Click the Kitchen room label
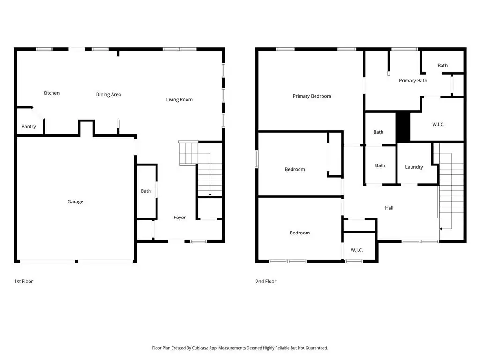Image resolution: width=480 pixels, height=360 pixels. pyautogui.click(x=52, y=93)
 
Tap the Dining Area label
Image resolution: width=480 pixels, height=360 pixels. pyautogui.click(x=108, y=94)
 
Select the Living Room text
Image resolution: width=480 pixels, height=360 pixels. pyautogui.click(x=180, y=99)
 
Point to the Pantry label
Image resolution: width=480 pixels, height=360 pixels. pyautogui.click(x=29, y=127)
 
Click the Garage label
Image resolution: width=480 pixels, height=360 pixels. pyautogui.click(x=75, y=202)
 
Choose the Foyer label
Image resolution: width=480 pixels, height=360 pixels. pyautogui.click(x=180, y=217)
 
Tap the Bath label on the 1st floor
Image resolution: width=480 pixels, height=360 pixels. pyautogui.click(x=146, y=191)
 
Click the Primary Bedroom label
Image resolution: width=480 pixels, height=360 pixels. pyautogui.click(x=312, y=96)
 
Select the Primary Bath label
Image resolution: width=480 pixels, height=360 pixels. pyautogui.click(x=413, y=81)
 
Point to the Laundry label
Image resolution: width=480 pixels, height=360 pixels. pyautogui.click(x=414, y=167)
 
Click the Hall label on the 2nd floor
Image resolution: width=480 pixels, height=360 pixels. pyautogui.click(x=389, y=208)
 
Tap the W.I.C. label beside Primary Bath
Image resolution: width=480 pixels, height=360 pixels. pyautogui.click(x=438, y=124)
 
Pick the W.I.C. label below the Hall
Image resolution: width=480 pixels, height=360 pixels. pyautogui.click(x=357, y=250)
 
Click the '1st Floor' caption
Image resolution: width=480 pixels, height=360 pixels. pyautogui.click(x=23, y=281)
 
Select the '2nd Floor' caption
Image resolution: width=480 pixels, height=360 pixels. pyautogui.click(x=266, y=281)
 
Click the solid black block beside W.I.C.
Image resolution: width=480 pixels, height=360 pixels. pyautogui.click(x=403, y=127)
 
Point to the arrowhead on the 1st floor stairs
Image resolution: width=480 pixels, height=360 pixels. pyautogui.click(x=210, y=195)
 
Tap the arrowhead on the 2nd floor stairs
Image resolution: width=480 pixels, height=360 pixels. pyautogui.click(x=441, y=229)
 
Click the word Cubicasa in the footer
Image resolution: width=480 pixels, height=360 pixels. pyautogui.click(x=202, y=348)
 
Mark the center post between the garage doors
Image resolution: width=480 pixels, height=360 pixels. pyautogui.click(x=76, y=261)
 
